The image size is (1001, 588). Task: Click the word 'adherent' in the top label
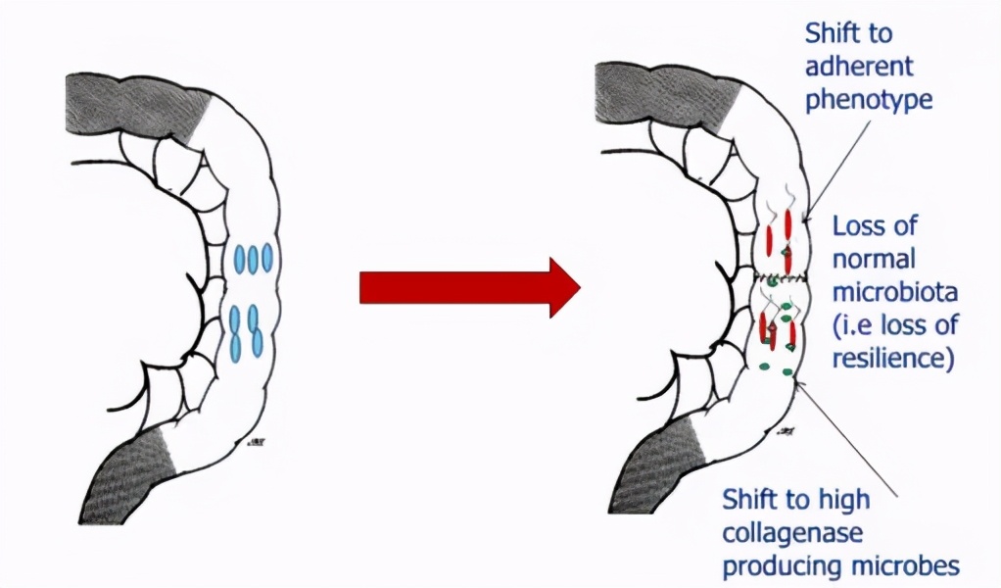(858, 67)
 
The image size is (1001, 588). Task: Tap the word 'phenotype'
(867, 100)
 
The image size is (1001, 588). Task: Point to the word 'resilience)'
(892, 358)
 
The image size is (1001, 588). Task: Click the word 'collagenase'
(791, 533)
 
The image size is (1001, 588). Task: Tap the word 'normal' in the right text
(874, 260)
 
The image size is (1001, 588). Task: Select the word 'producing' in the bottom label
(779, 566)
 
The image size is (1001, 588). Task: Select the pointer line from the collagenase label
(847, 436)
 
